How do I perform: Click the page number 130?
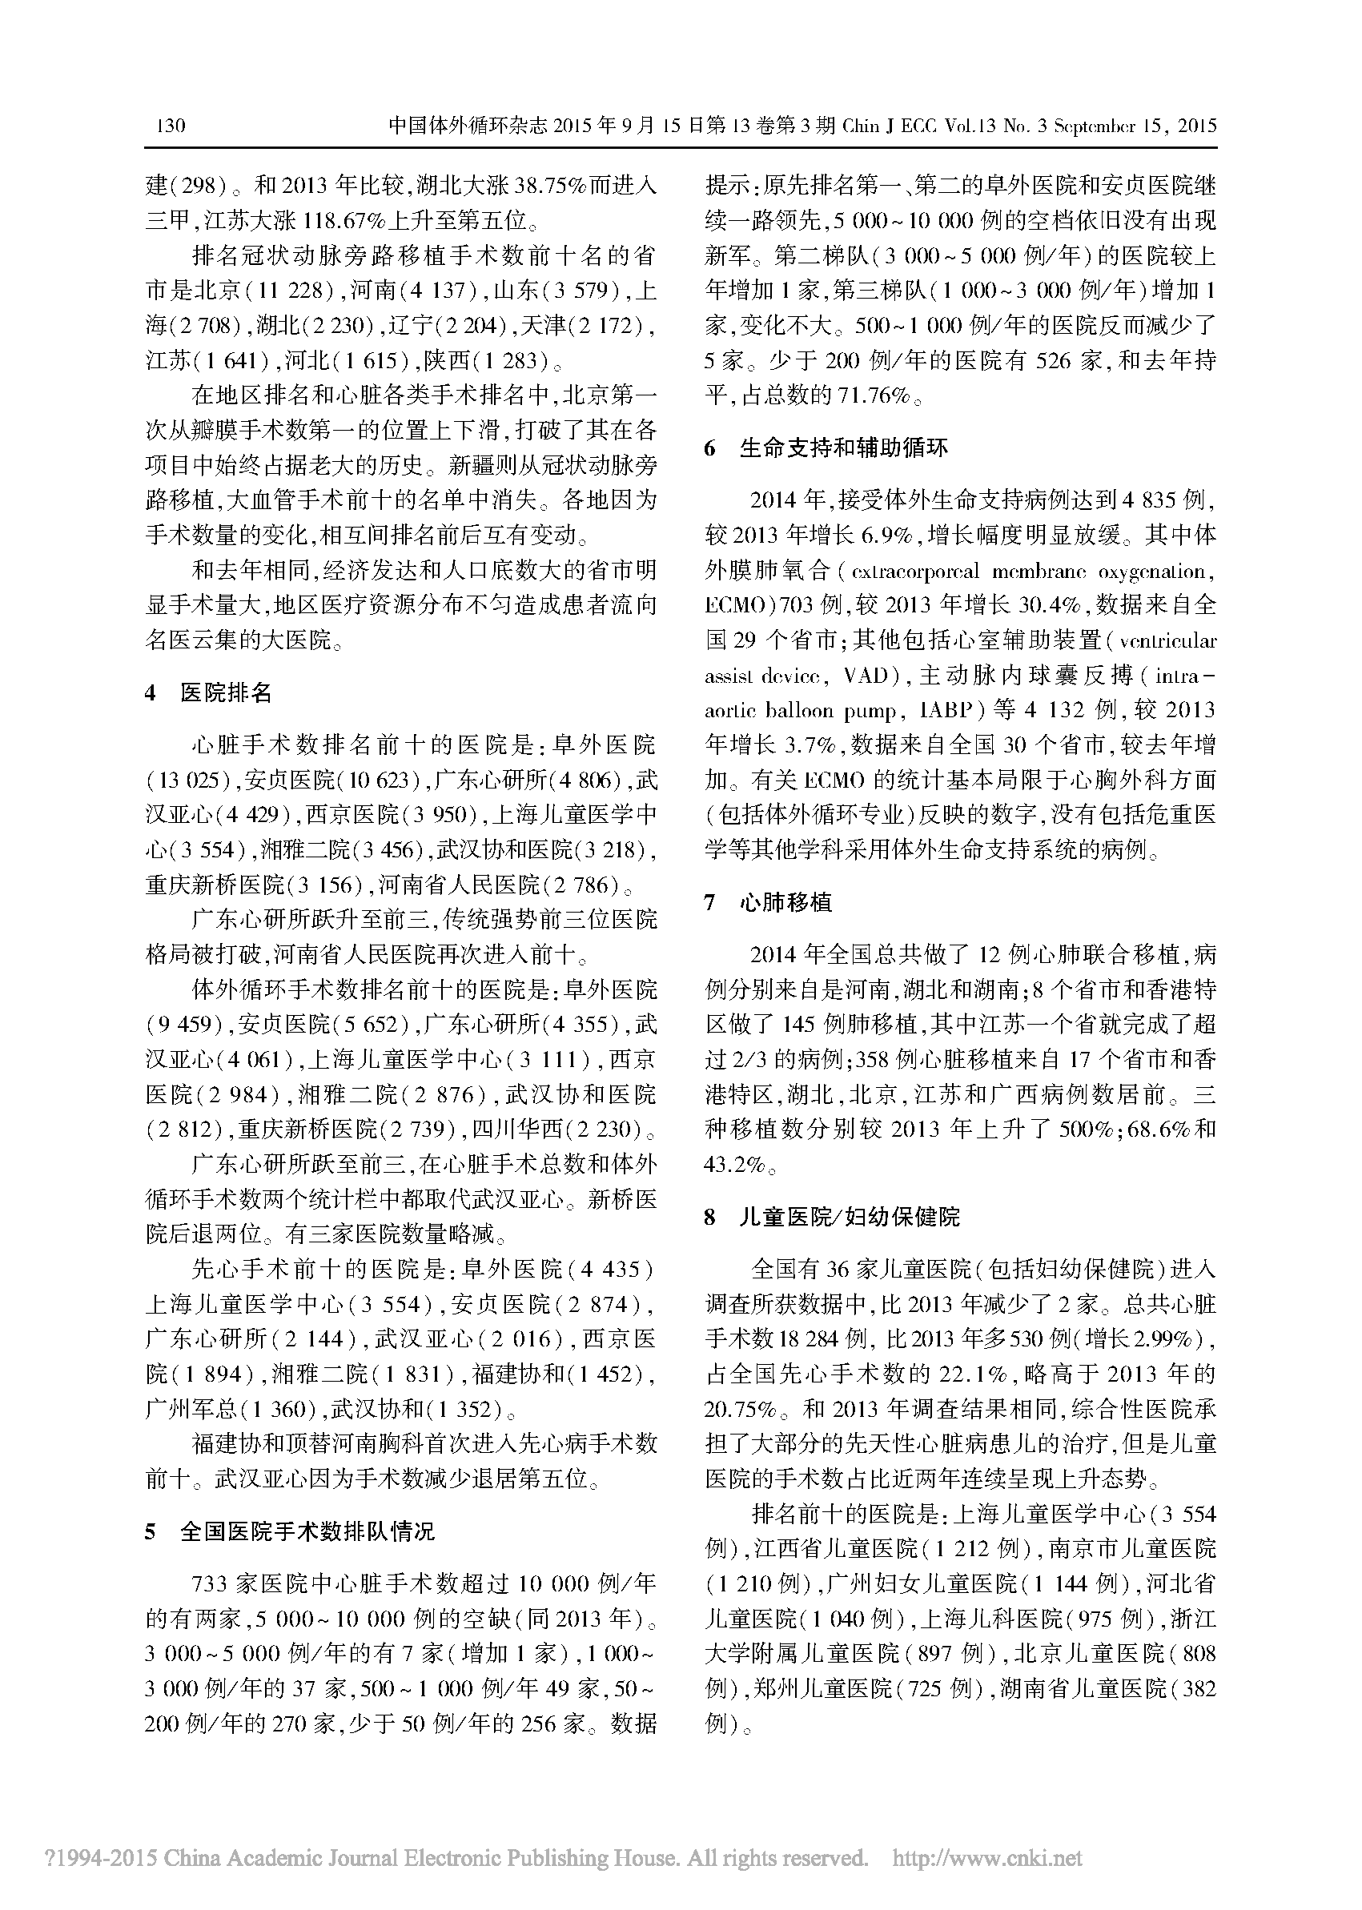[171, 126]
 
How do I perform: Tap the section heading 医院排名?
[226, 693]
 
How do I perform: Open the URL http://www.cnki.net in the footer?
[987, 1858]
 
